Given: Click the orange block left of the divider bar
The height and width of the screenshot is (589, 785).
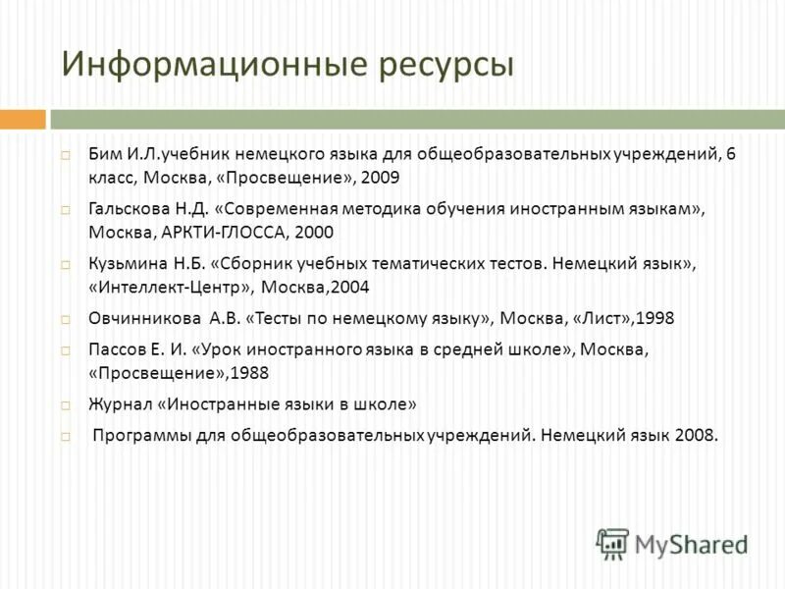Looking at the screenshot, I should [23, 120].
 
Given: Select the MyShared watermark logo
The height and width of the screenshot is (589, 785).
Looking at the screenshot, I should [672, 543].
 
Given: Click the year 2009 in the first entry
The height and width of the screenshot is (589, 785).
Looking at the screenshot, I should [380, 179].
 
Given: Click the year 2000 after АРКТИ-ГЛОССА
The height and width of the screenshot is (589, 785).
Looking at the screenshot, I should [313, 234].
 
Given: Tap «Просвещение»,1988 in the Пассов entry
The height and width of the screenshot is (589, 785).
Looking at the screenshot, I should [178, 374].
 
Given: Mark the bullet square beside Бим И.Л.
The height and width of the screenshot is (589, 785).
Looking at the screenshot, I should [65, 155].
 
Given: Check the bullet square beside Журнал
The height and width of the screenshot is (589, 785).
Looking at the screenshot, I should [65, 404].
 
